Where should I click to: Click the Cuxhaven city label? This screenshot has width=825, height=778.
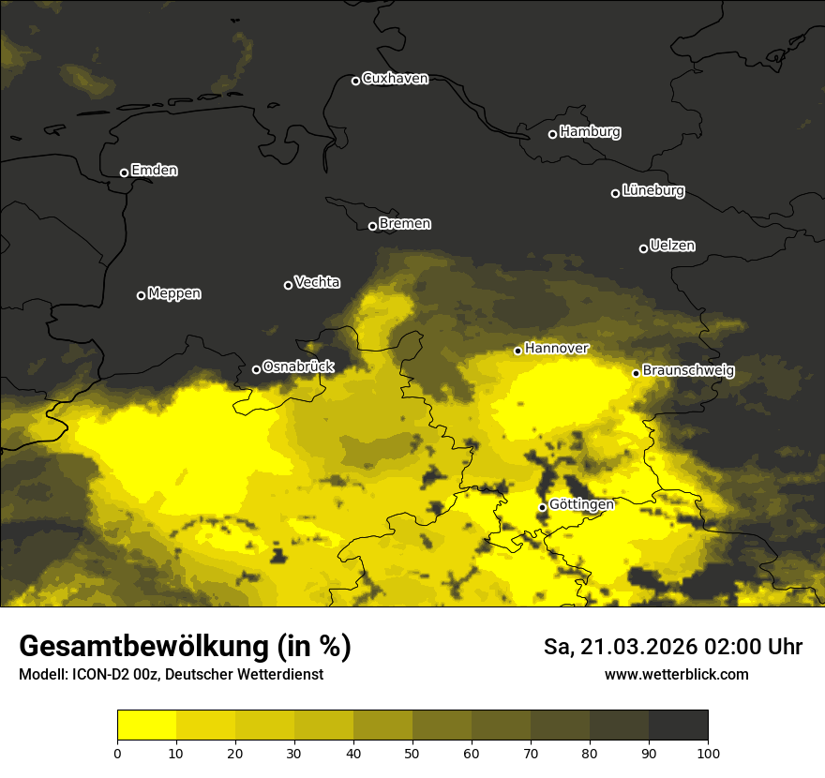point(395,79)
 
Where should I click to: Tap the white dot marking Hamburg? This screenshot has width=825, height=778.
point(552,134)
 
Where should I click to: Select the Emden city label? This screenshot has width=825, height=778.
point(154,171)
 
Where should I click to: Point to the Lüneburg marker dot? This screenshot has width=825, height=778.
point(615,193)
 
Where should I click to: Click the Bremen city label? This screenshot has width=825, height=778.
point(405,224)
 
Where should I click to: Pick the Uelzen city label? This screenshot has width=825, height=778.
point(672,247)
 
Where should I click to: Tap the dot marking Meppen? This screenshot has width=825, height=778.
point(141,295)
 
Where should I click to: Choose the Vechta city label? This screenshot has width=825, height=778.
point(317,282)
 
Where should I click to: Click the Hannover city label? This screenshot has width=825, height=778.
point(557,349)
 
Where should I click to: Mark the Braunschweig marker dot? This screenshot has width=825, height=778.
point(636,373)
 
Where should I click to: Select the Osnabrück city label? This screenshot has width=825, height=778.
point(298,367)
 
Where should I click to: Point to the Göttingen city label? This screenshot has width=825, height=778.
point(581,505)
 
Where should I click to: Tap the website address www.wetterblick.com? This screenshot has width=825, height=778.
point(677,674)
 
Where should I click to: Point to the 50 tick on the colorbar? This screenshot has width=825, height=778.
point(412,752)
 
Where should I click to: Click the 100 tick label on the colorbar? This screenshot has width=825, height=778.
point(708,752)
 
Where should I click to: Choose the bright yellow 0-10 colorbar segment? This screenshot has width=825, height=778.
point(146,726)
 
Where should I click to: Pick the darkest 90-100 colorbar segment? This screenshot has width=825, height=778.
point(678,726)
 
